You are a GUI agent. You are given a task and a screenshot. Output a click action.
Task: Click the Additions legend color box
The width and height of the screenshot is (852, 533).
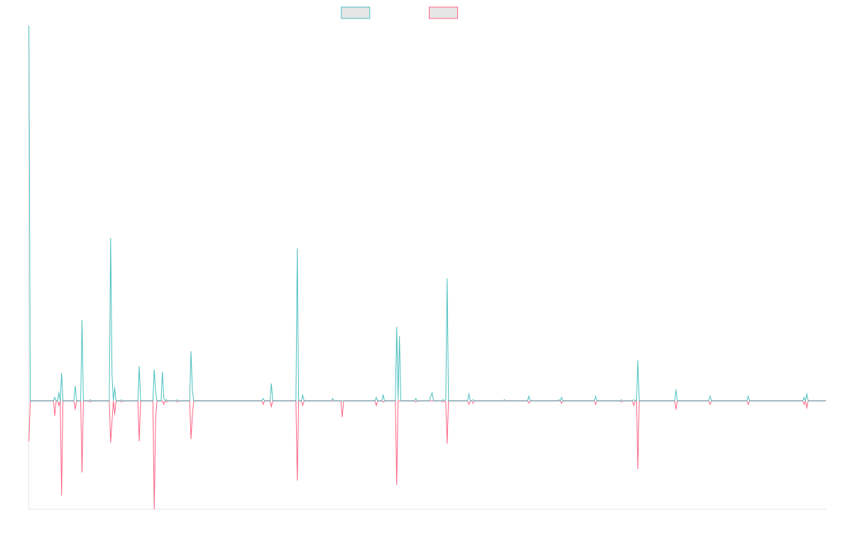pyautogui.click(x=356, y=13)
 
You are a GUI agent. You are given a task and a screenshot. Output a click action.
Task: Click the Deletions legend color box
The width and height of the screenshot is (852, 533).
pyautogui.click(x=444, y=13)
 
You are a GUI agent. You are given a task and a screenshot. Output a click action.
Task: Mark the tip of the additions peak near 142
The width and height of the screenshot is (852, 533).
pyautogui.click(x=111, y=238)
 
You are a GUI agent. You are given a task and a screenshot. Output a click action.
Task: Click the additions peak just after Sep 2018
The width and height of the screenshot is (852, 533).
pyautogui.click(x=297, y=249)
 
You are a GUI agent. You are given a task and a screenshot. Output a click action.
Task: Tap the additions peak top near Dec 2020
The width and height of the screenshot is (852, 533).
pyautogui.click(x=447, y=279)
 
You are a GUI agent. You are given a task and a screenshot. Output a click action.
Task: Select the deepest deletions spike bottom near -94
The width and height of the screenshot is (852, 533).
pyautogui.click(x=154, y=509)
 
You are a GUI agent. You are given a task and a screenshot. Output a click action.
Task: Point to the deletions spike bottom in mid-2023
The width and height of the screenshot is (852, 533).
pyautogui.click(x=638, y=468)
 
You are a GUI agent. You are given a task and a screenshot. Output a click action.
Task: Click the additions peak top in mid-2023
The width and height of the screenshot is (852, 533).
pyautogui.click(x=638, y=361)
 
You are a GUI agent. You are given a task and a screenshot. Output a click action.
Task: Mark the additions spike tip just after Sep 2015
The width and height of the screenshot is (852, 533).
pyautogui.click(x=82, y=321)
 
